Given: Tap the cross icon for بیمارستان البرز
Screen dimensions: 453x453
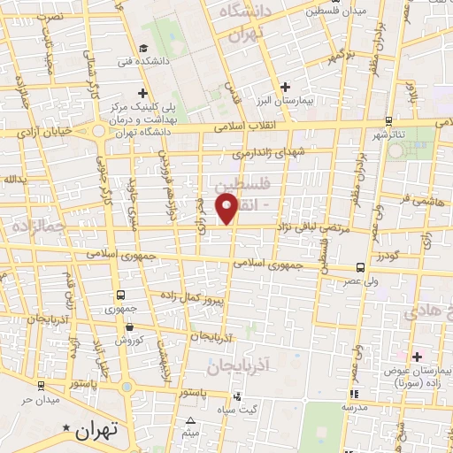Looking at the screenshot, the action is pos(284,87).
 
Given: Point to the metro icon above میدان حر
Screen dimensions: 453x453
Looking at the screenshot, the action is pos(41,385).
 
